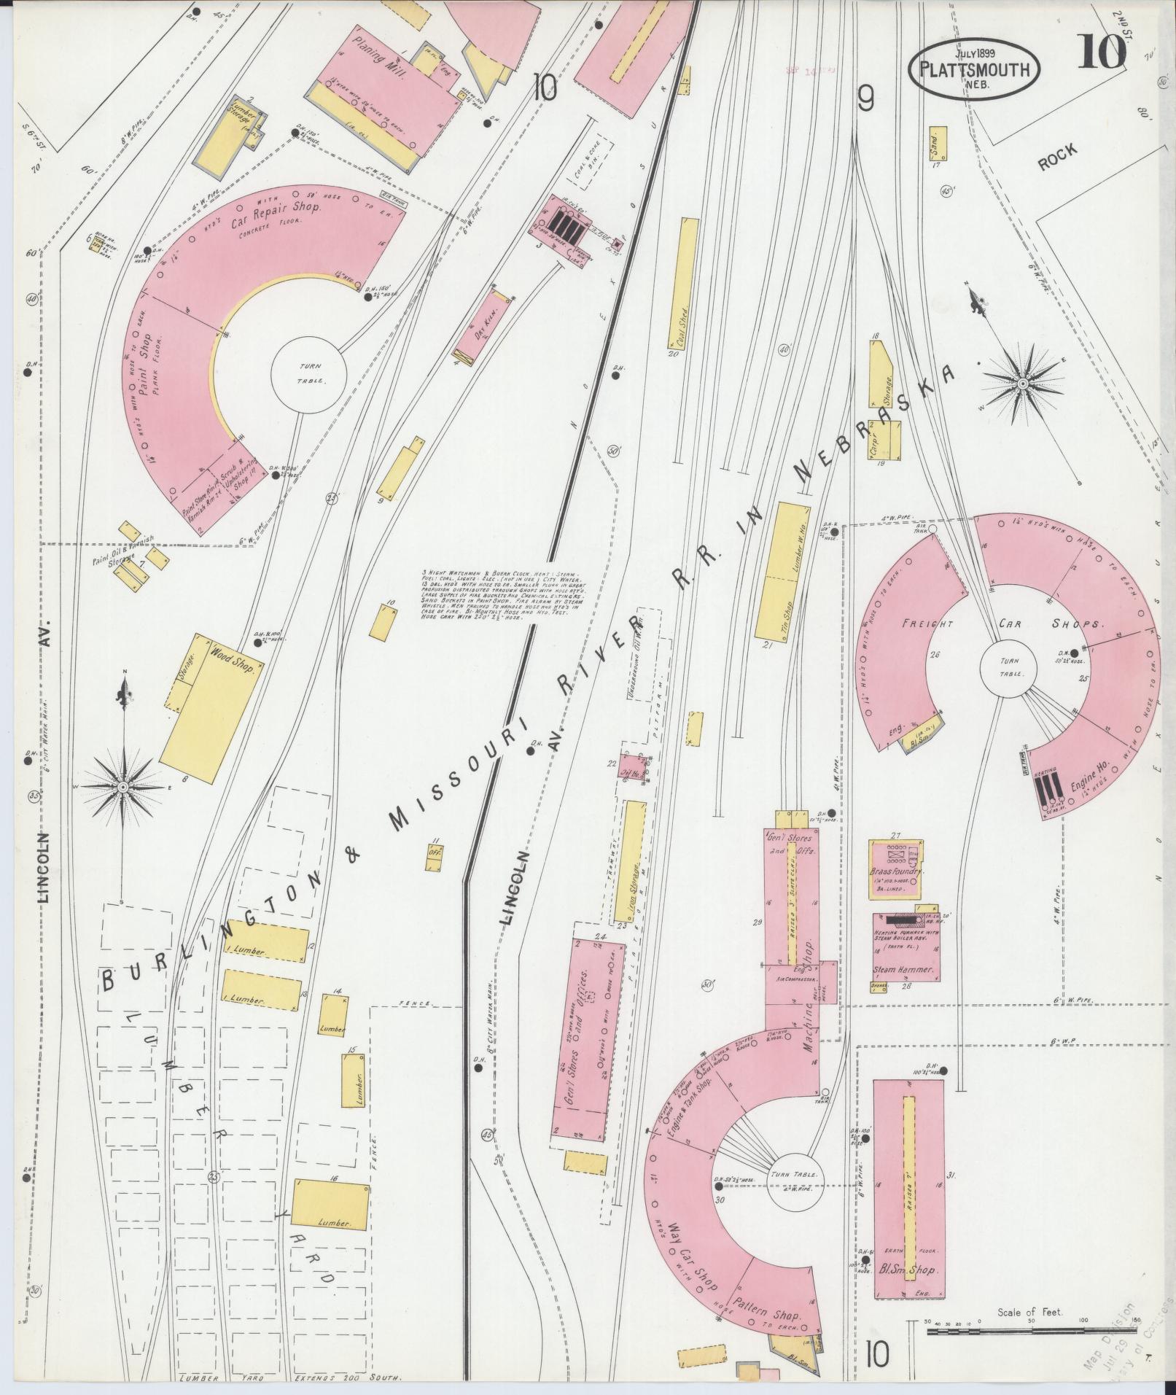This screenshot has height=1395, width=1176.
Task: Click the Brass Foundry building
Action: point(895,869)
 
